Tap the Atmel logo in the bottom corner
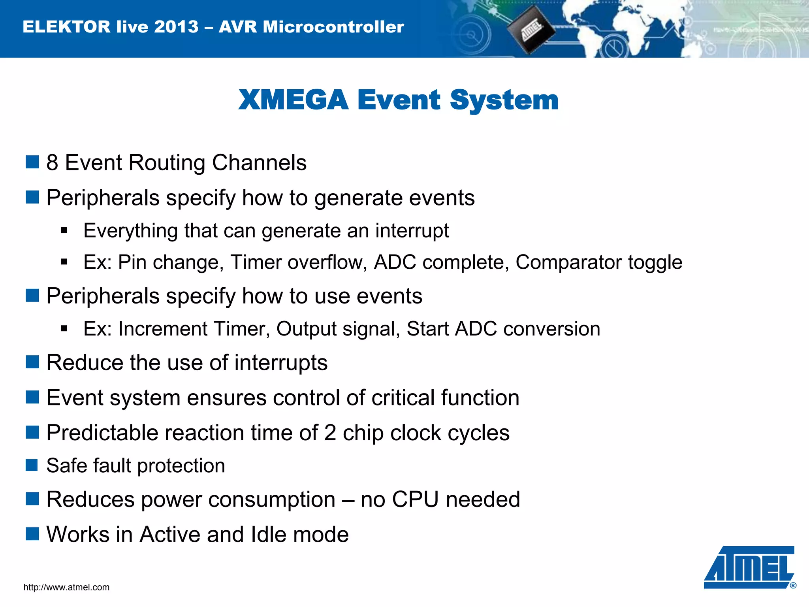point(749,568)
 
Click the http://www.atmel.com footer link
point(66,587)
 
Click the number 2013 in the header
point(176,27)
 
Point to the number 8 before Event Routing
point(52,163)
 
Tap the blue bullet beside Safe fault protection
point(32,465)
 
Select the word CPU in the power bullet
point(415,500)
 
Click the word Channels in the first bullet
point(259,163)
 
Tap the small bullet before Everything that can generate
point(64,230)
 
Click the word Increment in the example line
point(162,329)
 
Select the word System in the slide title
point(504,100)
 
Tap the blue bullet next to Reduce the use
point(32,362)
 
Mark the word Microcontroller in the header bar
point(333,27)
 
